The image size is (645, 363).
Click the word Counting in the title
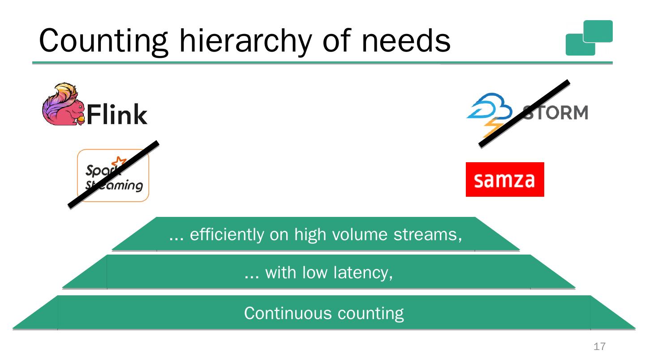(103, 40)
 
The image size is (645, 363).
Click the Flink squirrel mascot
(63, 104)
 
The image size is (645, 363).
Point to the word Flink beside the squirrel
(116, 114)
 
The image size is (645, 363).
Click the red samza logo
(505, 179)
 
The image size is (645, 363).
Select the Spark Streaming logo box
(113, 176)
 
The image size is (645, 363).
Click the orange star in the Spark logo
(120, 163)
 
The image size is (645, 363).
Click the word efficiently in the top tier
(227, 234)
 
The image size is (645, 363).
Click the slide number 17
(599, 346)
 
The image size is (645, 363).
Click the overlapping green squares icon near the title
(589, 38)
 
